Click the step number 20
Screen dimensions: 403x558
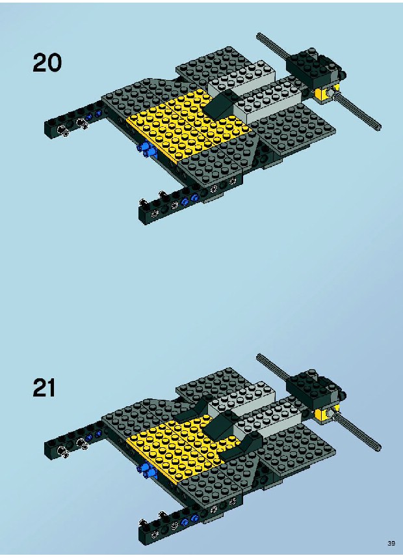click(47, 63)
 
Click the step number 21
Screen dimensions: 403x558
click(44, 387)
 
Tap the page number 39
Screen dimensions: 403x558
click(391, 544)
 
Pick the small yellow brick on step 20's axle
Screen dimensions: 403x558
click(324, 93)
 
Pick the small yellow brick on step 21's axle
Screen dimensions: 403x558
click(324, 414)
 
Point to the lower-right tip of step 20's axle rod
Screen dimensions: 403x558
click(380, 128)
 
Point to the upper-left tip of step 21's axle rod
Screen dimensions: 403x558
click(258, 356)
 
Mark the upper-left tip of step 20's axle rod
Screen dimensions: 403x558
click(258, 35)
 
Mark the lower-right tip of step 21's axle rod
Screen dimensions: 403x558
click(380, 449)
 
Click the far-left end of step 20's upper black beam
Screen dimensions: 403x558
click(46, 129)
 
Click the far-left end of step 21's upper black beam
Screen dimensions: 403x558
click(46, 449)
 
